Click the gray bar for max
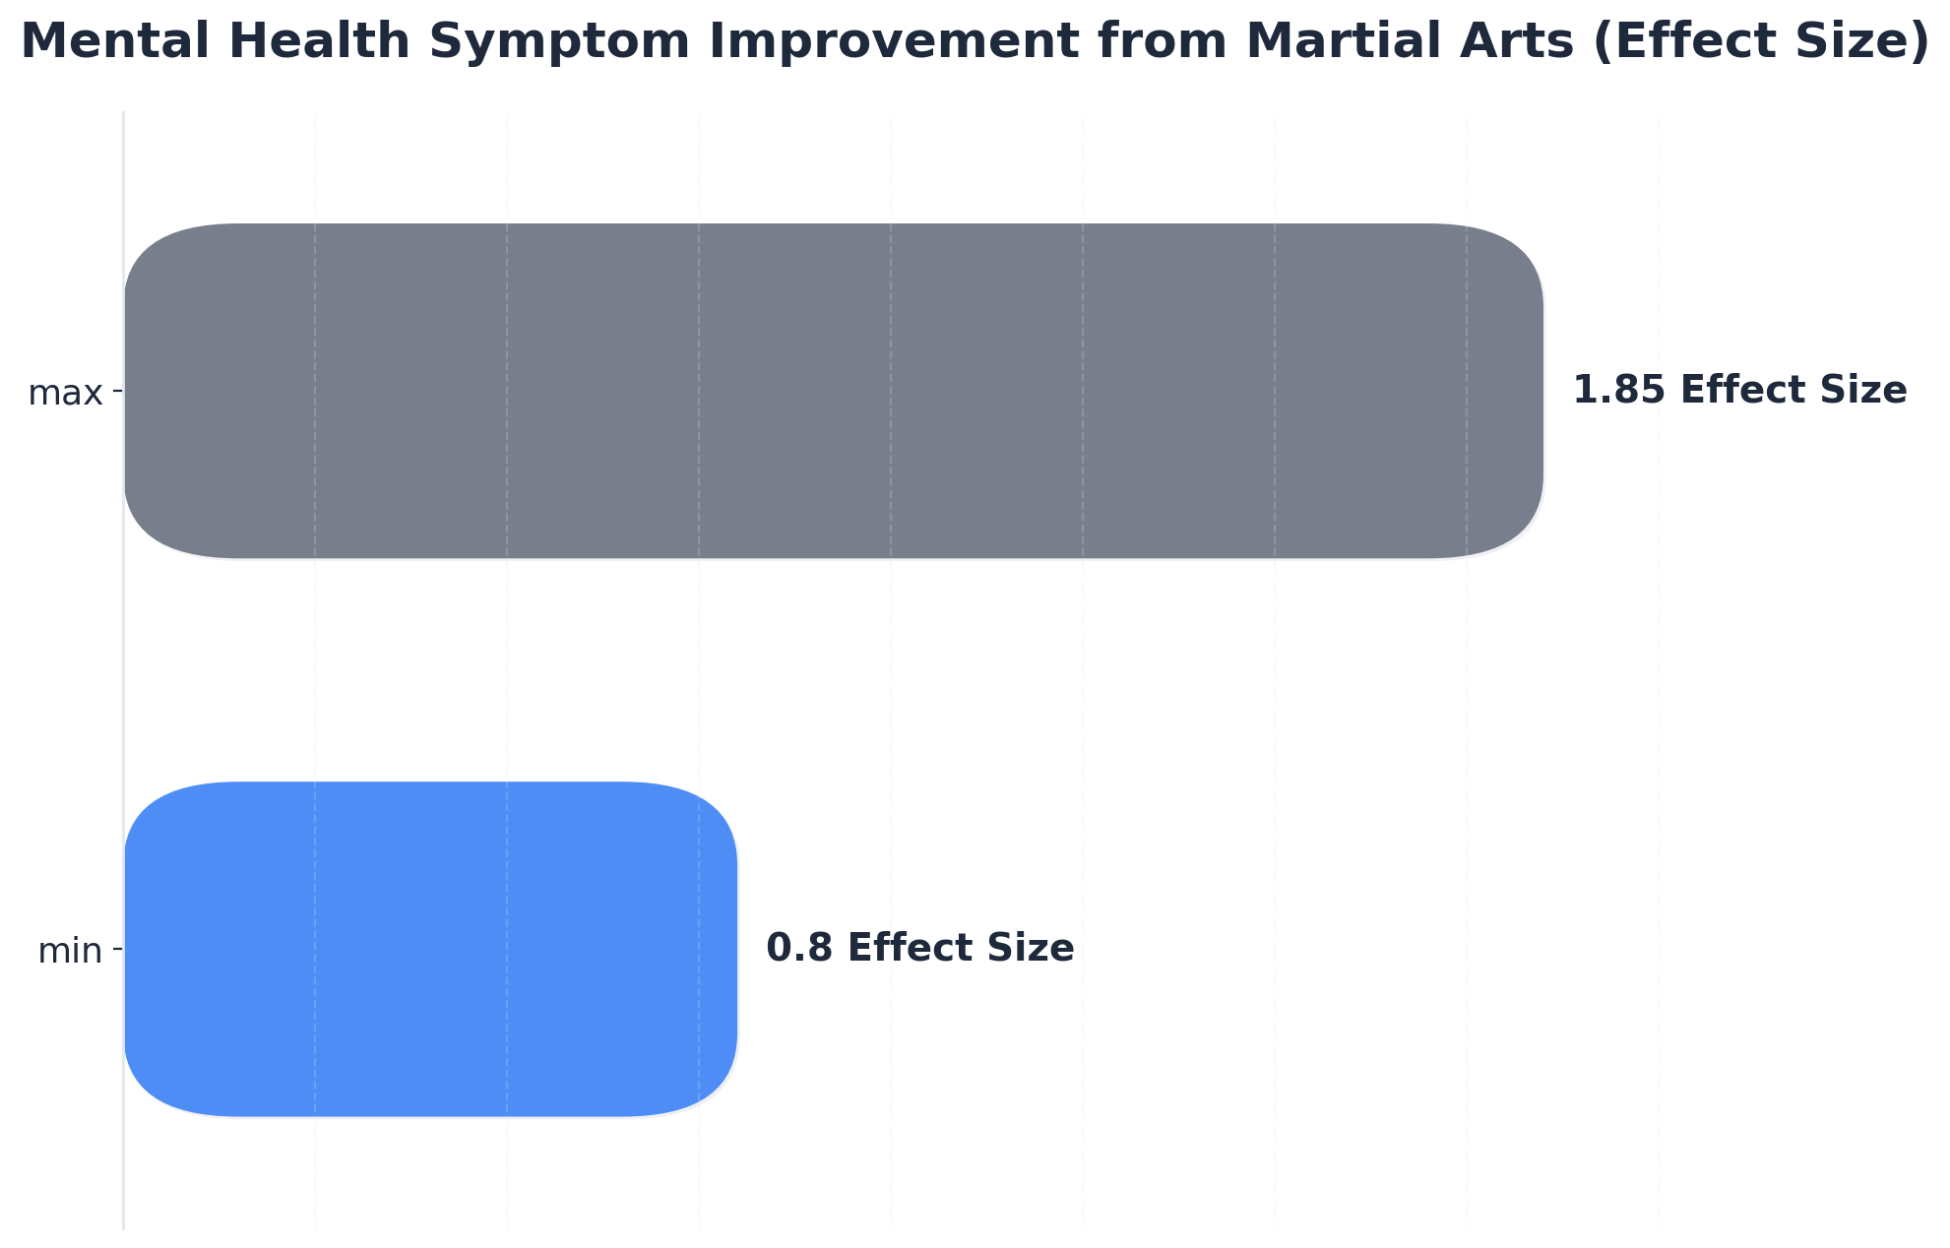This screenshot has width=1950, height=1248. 833,391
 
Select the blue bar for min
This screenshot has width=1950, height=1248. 430,949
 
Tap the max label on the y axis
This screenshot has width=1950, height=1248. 65,394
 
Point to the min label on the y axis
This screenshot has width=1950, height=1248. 70,952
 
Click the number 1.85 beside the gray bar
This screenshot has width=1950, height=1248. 1618,391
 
